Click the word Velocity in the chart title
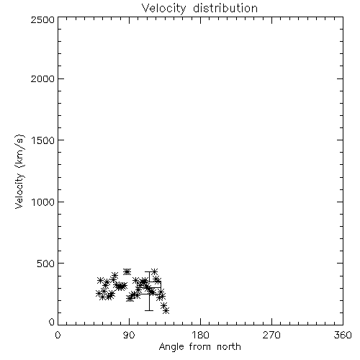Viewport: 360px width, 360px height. click(164, 9)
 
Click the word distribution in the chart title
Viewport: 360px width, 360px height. click(225, 8)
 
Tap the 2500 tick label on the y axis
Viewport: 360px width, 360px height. click(42, 19)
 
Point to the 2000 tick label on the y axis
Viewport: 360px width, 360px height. click(42, 78)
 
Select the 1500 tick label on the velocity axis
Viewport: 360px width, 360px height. click(43, 140)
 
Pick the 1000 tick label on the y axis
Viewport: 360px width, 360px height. click(43, 202)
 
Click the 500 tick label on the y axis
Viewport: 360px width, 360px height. click(46, 264)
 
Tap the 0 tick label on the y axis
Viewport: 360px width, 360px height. click(52, 322)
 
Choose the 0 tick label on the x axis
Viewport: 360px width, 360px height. click(58, 335)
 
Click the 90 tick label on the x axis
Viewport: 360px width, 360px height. click(129, 335)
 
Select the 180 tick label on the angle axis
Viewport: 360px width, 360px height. click(200, 335)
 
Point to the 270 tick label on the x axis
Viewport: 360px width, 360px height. click(271, 335)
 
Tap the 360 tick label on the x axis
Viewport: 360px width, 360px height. click(343, 335)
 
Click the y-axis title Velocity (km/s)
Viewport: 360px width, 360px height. click(19, 171)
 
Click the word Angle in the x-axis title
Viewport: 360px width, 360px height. click(171, 347)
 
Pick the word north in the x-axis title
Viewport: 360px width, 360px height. click(229, 346)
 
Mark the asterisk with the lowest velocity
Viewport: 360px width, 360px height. click(166, 311)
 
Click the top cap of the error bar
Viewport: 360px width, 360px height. click(149, 271)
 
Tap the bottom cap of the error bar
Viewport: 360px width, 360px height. click(149, 310)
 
